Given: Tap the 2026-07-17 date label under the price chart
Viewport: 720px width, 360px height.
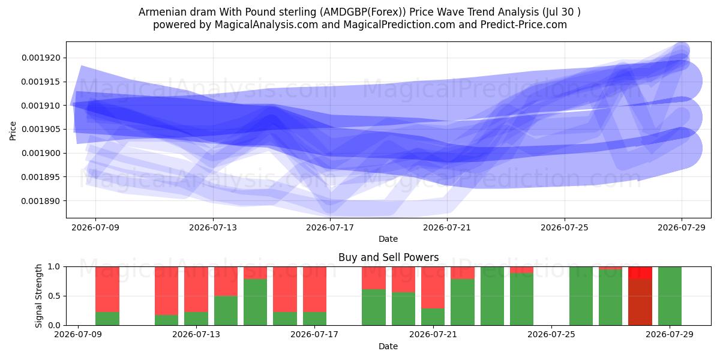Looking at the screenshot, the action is pyautogui.click(x=330, y=228).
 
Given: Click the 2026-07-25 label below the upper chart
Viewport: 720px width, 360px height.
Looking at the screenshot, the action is pyautogui.click(x=565, y=228).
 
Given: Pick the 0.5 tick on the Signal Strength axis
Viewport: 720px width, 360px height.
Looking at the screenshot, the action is pyautogui.click(x=54, y=296).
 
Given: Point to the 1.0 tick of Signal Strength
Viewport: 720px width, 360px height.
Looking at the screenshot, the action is pyautogui.click(x=54, y=267).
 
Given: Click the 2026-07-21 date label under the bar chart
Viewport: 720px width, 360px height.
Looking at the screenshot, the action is pyautogui.click(x=433, y=335).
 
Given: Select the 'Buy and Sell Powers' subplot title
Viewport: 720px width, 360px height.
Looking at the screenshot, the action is pyautogui.click(x=388, y=257).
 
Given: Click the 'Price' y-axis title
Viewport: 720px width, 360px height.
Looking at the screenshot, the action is pyautogui.click(x=13, y=131).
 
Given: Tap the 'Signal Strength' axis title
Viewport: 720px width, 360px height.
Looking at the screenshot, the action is pyautogui.click(x=38, y=296).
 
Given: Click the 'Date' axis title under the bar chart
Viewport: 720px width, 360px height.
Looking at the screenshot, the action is pyautogui.click(x=388, y=347).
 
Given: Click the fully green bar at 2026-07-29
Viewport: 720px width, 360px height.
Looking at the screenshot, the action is pyautogui.click(x=670, y=296).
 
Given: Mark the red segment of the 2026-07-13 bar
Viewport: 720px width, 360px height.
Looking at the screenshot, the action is pyautogui.click(x=196, y=289).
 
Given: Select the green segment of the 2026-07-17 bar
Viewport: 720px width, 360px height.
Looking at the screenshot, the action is pyautogui.click(x=314, y=319).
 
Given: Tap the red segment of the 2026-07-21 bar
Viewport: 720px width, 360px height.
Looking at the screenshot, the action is pyautogui.click(x=433, y=287).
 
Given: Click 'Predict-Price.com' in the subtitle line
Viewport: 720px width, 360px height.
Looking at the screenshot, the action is pyautogui.click(x=524, y=25).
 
